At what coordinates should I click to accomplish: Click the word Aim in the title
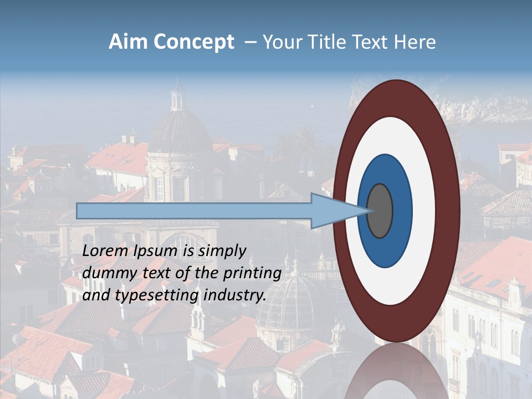[128, 42]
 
